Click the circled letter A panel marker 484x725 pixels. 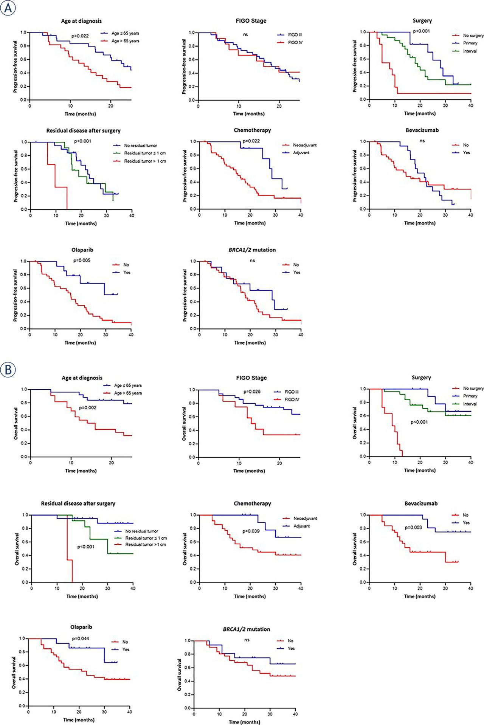8,8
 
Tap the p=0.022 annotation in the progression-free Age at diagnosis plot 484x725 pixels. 80,36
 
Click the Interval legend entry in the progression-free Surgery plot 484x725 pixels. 470,51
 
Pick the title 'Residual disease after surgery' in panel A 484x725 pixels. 83,130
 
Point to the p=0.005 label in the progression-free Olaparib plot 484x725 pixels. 82,260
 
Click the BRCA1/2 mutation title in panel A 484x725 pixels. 252,250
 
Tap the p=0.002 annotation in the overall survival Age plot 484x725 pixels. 88,408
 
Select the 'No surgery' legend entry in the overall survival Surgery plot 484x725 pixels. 473,388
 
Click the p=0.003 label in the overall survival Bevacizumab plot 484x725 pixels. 414,527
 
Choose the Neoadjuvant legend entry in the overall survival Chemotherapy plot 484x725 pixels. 305,518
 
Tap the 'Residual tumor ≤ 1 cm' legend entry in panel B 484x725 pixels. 146,538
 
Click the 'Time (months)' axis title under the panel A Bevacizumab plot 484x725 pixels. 420,223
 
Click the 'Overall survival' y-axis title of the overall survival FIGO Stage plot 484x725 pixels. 184,423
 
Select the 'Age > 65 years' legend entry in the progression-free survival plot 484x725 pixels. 125,41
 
